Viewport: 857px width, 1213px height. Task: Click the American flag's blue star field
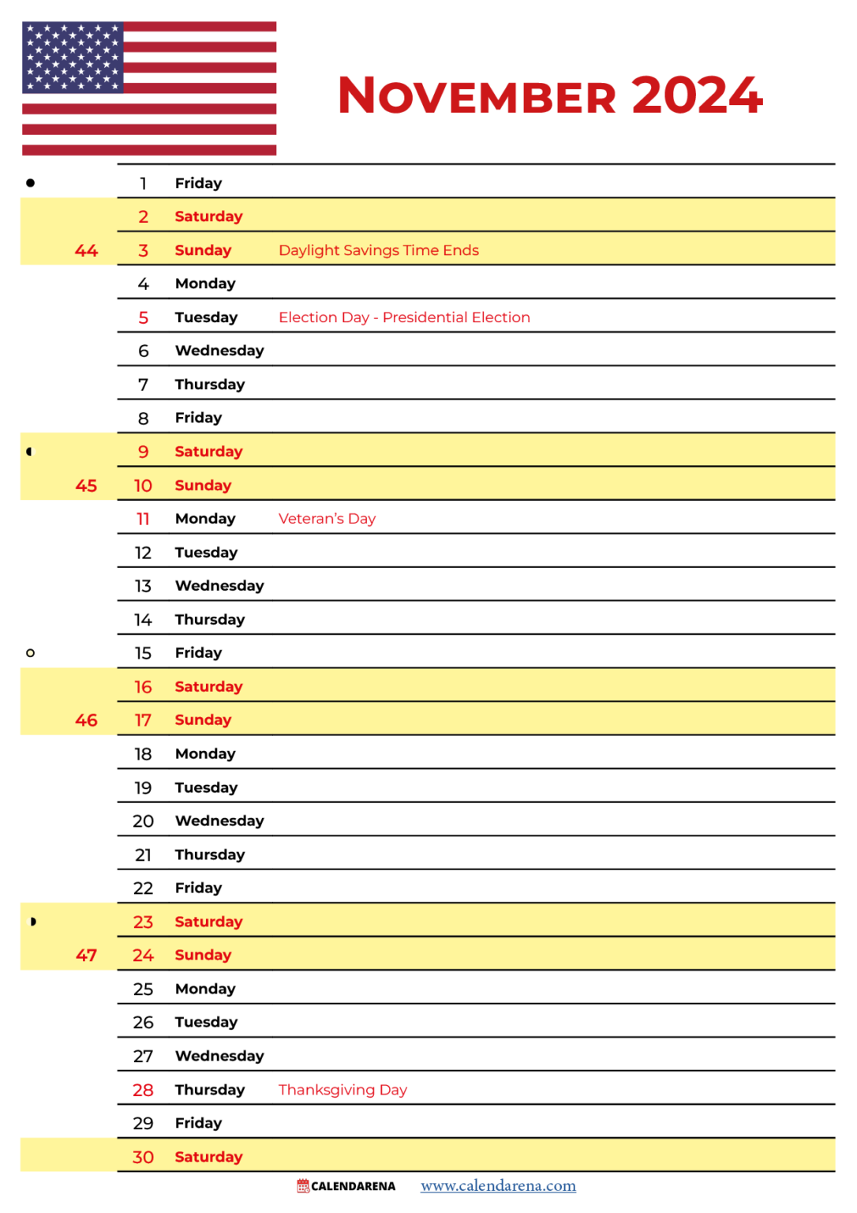(x=73, y=57)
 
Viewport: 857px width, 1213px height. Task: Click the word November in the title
(x=476, y=96)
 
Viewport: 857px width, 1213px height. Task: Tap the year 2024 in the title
(x=697, y=96)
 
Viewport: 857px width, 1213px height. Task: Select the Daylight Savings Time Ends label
(x=379, y=250)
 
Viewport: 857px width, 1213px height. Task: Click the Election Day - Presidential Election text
(x=404, y=317)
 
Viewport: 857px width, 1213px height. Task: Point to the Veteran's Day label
(x=327, y=519)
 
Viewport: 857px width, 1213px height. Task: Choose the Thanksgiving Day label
(x=342, y=1090)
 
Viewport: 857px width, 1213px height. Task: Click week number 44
(x=86, y=251)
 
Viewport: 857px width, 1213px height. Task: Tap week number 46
(x=86, y=720)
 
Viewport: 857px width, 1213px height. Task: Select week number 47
(x=86, y=956)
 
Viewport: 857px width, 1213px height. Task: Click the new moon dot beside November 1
(x=31, y=183)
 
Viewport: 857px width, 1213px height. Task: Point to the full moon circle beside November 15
(x=31, y=653)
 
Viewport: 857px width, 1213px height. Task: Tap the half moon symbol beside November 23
(x=32, y=922)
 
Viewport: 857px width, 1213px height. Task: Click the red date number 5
(x=143, y=317)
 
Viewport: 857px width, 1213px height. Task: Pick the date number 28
(x=143, y=1090)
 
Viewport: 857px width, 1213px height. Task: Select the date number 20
(x=143, y=821)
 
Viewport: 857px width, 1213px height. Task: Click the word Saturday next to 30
(x=208, y=1157)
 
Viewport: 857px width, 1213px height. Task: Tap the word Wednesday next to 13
(x=219, y=586)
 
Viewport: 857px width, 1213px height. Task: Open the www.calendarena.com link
(x=498, y=1185)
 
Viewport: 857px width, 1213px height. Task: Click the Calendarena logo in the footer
(x=346, y=1185)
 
